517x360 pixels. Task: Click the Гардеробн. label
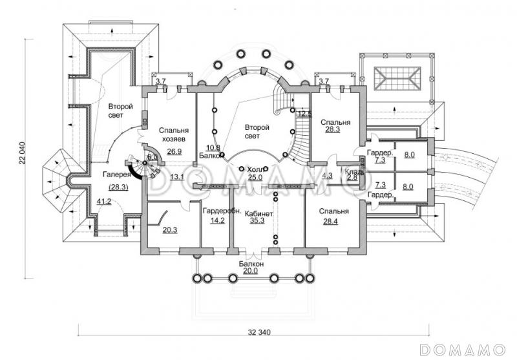222,211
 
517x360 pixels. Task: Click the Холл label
255,169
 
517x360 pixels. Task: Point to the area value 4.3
327,175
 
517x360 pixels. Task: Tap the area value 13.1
177,176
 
